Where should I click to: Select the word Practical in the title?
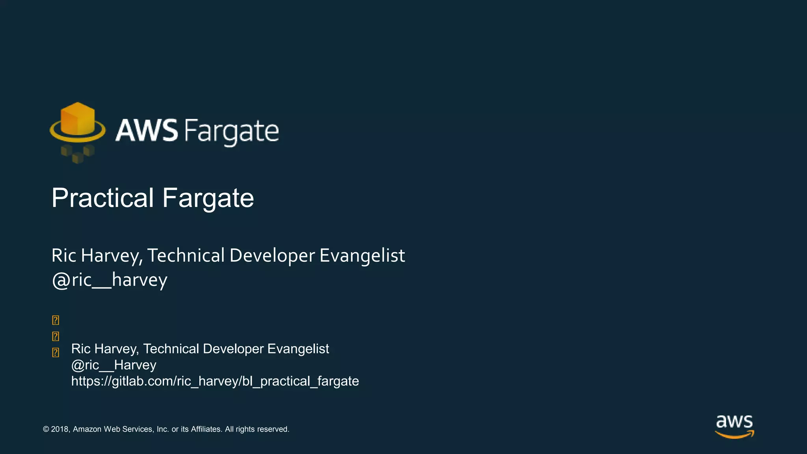[x=102, y=198]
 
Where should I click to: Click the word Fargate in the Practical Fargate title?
[x=208, y=199]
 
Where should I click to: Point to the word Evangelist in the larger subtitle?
[x=362, y=256]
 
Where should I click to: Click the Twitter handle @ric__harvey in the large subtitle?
[x=110, y=280]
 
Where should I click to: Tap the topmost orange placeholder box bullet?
[x=56, y=320]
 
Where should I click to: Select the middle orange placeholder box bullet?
[x=56, y=337]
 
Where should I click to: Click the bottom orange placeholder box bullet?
[x=56, y=352]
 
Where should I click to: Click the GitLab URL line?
[x=215, y=381]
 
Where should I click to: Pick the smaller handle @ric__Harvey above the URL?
[x=113, y=365]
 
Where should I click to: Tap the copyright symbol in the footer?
[x=46, y=429]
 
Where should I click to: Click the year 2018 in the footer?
[x=60, y=429]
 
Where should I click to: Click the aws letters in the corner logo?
[x=734, y=422]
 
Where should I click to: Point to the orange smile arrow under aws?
[x=734, y=435]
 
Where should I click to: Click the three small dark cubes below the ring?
[x=78, y=153]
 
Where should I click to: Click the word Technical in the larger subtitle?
[x=186, y=256]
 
